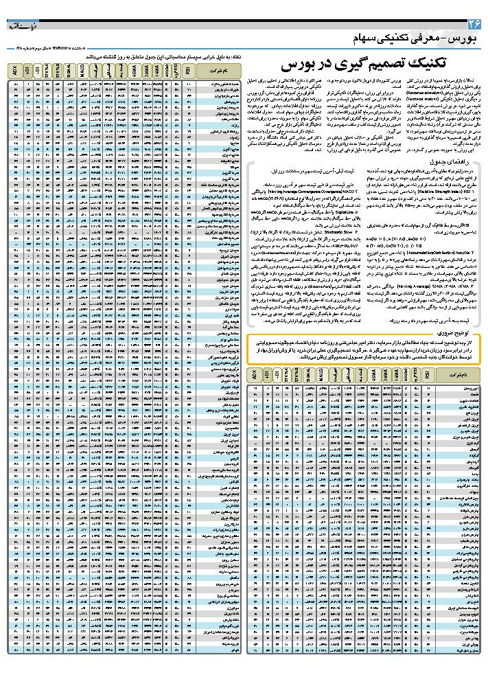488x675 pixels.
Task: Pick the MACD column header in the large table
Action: pos(82,70)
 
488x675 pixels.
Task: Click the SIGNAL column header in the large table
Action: pos(70,70)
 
